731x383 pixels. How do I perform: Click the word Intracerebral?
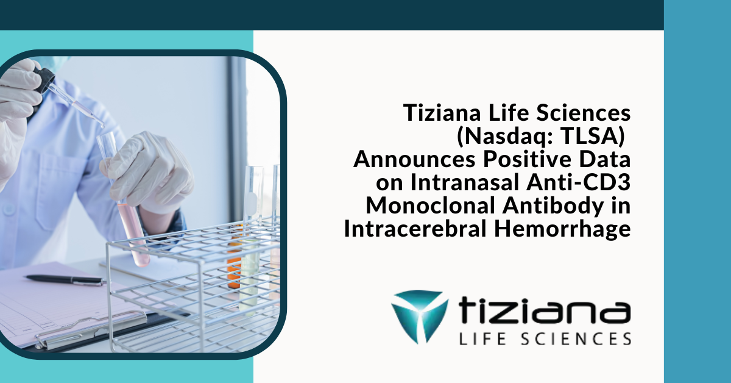point(414,229)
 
